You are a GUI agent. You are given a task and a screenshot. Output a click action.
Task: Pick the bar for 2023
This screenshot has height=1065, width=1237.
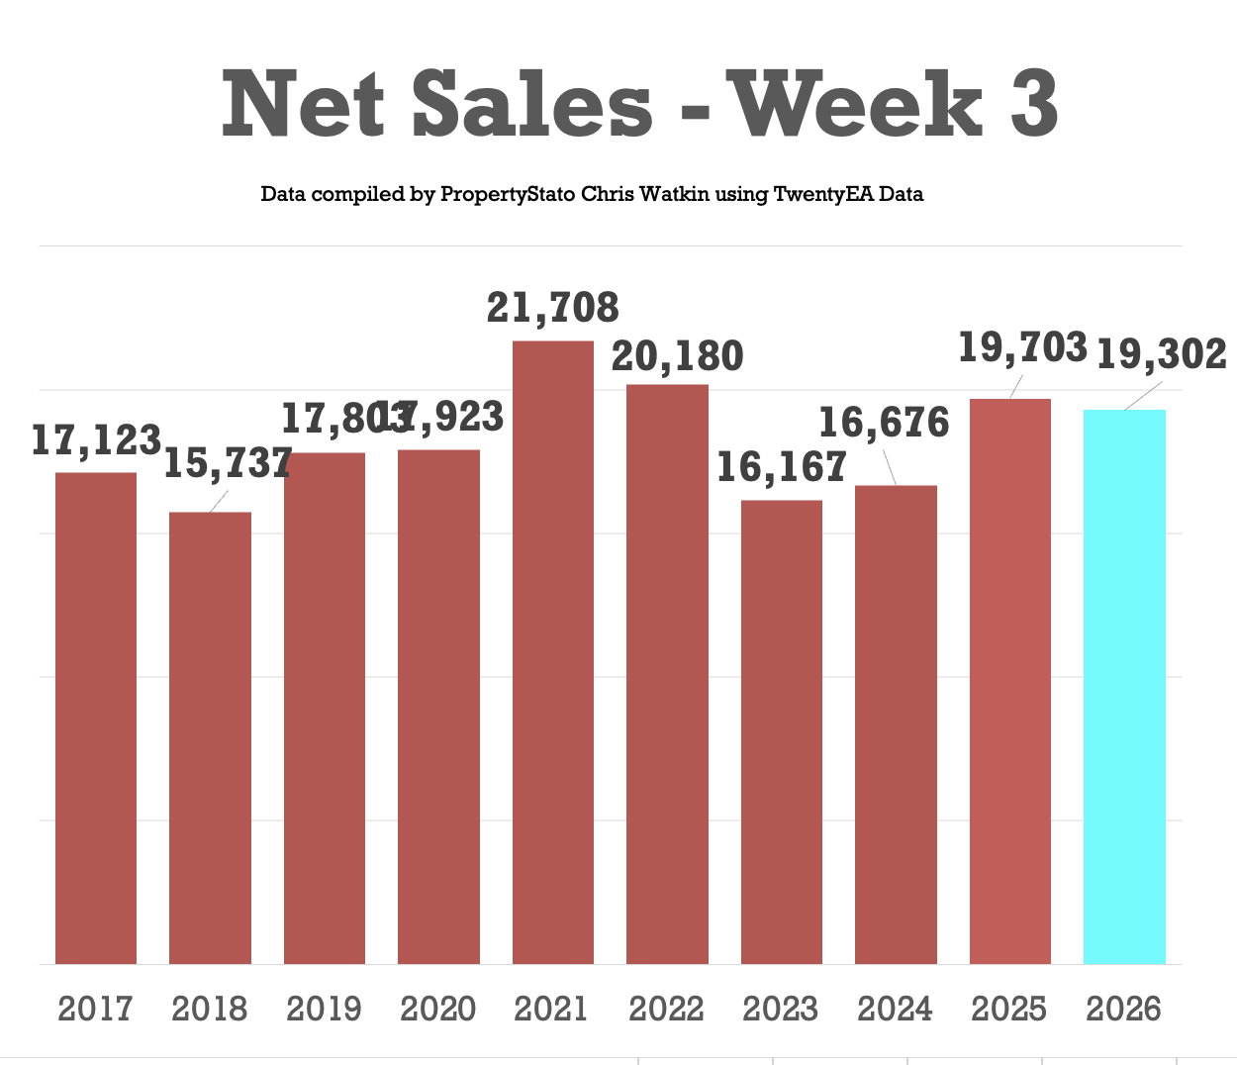(x=782, y=731)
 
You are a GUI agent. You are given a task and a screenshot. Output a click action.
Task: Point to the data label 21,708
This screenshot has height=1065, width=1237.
(x=553, y=308)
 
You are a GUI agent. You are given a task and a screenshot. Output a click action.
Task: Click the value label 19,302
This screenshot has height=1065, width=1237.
(x=1162, y=354)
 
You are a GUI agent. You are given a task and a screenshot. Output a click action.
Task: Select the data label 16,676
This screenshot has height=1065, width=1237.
(x=884, y=424)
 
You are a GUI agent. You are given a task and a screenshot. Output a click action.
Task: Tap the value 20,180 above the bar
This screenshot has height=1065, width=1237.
(x=678, y=356)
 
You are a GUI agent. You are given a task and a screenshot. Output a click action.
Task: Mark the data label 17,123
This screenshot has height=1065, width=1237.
(x=96, y=440)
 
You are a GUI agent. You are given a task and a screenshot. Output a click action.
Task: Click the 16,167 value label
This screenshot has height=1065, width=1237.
(x=781, y=467)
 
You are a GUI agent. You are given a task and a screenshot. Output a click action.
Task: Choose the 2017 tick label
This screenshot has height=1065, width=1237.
(x=95, y=1009)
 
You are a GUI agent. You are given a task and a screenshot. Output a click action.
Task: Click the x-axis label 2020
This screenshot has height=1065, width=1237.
(x=438, y=1009)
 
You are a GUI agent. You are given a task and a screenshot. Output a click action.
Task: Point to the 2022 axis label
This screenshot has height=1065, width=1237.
(x=667, y=1009)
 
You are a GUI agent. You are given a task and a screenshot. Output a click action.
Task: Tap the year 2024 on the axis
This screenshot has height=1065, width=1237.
(x=896, y=1009)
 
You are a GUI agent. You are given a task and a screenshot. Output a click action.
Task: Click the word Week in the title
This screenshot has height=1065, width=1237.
(x=857, y=104)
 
